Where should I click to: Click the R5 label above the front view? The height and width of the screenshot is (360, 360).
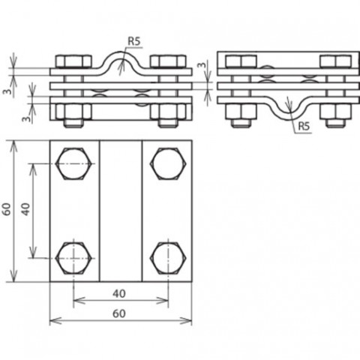[x=134, y=41]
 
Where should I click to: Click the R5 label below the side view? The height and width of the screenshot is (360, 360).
[x=304, y=127]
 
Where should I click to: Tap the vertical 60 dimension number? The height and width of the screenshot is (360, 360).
[x=7, y=209]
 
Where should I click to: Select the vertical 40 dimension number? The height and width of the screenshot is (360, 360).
[x=25, y=209]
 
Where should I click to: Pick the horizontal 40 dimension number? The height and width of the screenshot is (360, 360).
[x=119, y=293]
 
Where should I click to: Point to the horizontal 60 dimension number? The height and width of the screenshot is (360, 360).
[x=119, y=313]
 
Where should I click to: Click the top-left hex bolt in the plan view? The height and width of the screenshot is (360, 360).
[x=73, y=163]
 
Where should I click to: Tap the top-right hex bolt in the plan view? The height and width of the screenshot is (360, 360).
[x=168, y=163]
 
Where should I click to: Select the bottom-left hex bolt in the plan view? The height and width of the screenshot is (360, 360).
[x=73, y=258]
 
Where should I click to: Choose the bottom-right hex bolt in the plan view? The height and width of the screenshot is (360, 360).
[x=168, y=258]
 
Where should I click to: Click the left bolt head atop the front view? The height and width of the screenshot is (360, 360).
[x=73, y=61]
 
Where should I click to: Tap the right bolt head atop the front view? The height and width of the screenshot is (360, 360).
[x=168, y=61]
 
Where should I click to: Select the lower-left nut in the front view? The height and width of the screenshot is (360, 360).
[x=73, y=112]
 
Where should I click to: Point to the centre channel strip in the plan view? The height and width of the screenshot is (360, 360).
[x=121, y=211]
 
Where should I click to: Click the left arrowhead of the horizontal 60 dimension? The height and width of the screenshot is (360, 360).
[x=55, y=320]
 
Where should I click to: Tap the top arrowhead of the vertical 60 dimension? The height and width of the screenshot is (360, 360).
[x=14, y=146]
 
